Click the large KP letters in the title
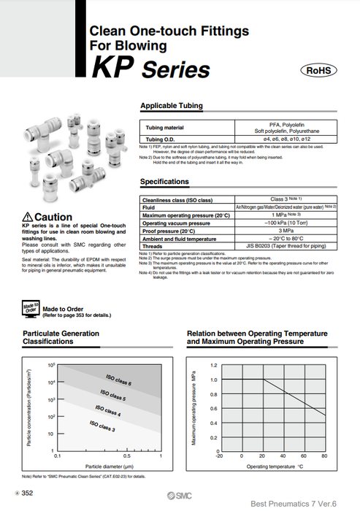coord(111,70)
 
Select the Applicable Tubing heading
coord(171,106)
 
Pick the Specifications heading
coord(169,182)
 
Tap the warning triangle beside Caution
coord(28,217)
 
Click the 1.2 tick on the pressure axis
coord(213,364)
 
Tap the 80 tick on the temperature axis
coord(323,456)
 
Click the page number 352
coord(27,493)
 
